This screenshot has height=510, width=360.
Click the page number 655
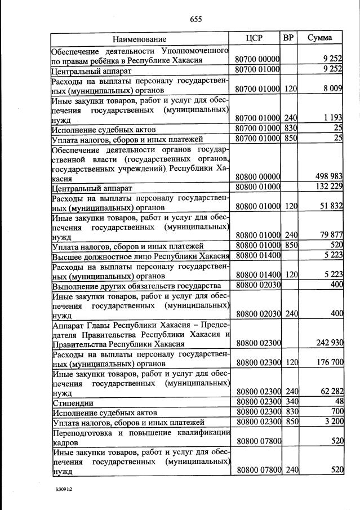point(195,19)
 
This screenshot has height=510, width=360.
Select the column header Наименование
point(139,39)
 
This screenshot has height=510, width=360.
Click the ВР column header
point(288,38)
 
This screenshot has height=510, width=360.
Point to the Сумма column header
point(319,38)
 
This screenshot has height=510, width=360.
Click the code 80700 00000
point(257,59)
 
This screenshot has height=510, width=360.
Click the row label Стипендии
point(73,403)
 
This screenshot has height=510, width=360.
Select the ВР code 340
point(290,403)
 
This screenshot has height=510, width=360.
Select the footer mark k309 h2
point(63,489)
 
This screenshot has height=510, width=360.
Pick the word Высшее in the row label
point(66,255)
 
